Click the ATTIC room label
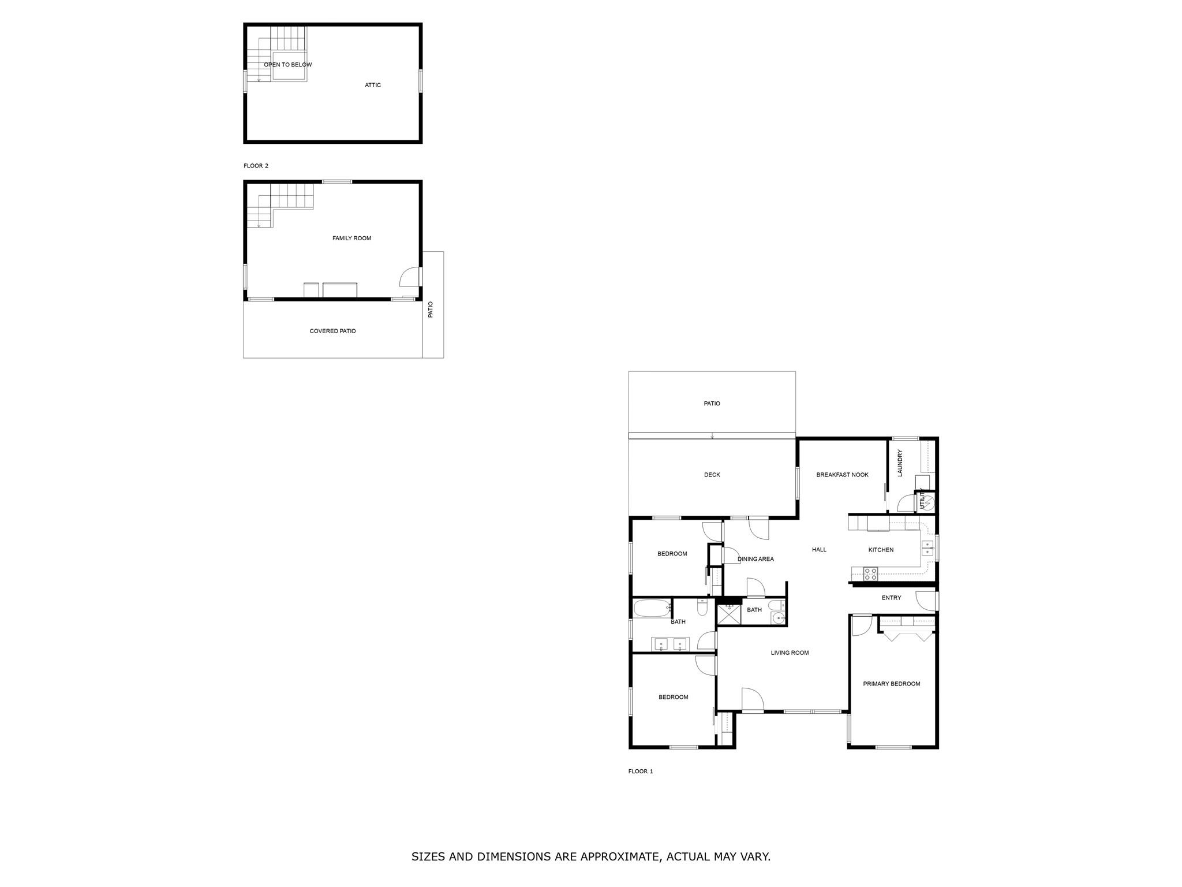373,85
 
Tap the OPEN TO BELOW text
287,65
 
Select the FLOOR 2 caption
256,166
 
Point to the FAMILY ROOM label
351,238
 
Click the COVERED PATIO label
332,331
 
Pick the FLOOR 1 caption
641,772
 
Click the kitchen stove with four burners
870,574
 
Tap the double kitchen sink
927,548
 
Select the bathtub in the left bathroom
653,608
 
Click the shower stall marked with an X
728,614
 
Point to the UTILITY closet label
922,502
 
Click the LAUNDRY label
900,463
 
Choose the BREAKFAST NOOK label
842,475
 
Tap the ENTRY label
891,598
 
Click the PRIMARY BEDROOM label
891,684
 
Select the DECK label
712,475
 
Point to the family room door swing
409,277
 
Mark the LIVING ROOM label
790,653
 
